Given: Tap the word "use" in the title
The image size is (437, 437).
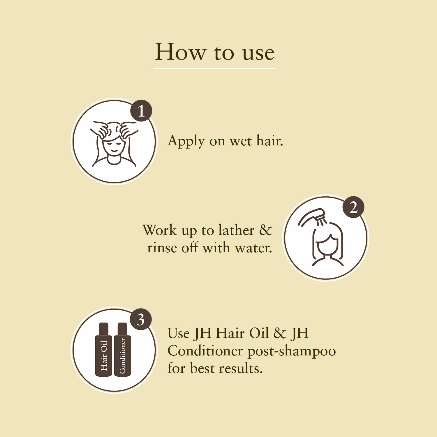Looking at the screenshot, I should click(x=258, y=53).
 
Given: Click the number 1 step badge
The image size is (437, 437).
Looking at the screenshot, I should click(x=141, y=111).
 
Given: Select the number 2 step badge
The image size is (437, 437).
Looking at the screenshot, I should click(x=353, y=207).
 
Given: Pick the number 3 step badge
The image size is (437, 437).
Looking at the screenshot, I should click(x=141, y=320).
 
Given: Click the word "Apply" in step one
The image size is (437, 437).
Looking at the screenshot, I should click(x=186, y=141).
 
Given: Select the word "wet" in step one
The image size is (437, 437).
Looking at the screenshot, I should click(x=240, y=141).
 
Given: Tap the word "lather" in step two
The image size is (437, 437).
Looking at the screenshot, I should click(x=236, y=230).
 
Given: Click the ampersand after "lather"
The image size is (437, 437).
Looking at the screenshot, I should click(x=265, y=230).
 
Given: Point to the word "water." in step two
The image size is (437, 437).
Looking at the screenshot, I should click(x=253, y=248).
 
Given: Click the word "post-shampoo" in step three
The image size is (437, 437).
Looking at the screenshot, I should click(x=291, y=351).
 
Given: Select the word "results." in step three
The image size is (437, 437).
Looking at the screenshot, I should click(x=241, y=369).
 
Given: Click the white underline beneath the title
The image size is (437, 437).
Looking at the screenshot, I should click(x=214, y=69).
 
